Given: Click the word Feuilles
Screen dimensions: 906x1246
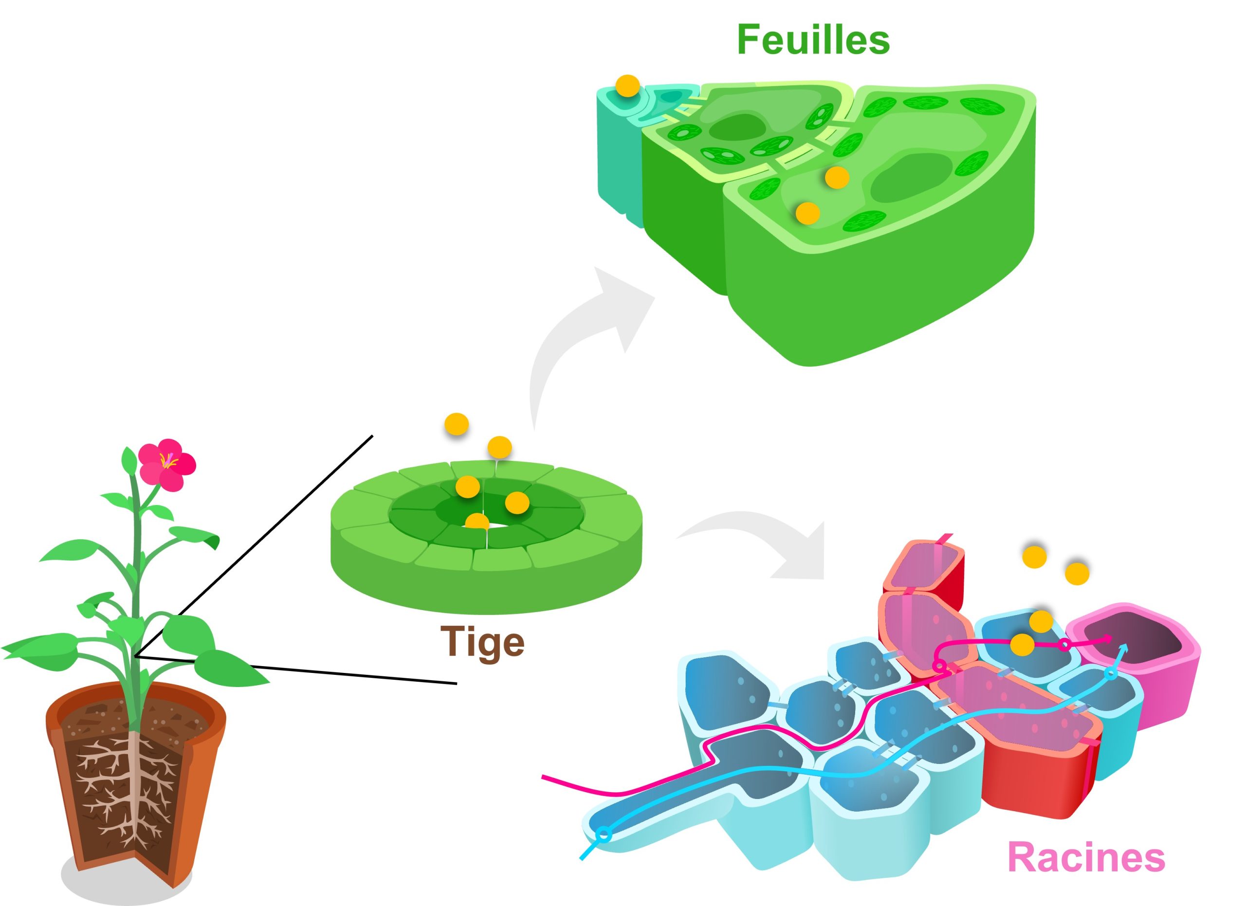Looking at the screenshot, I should click(x=813, y=39).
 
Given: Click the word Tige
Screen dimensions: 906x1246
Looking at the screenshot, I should click(x=482, y=641).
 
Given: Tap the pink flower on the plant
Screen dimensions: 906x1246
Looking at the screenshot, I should click(x=166, y=465).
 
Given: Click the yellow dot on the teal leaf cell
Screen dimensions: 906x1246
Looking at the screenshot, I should click(x=627, y=86).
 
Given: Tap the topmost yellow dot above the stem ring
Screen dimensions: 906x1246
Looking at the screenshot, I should click(x=457, y=424).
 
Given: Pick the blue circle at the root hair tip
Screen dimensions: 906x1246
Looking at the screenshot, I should click(x=604, y=835).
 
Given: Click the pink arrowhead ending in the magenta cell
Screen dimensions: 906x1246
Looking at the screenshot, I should click(x=1108, y=638).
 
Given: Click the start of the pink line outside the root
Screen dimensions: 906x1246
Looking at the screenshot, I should click(x=544, y=777).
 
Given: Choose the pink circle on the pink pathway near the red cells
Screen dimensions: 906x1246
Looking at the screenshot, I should click(x=939, y=667).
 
